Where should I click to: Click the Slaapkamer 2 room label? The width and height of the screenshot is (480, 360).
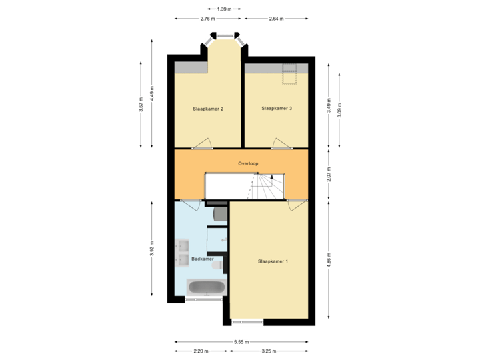coord(208,109)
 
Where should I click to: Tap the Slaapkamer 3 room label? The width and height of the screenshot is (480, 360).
coord(277,109)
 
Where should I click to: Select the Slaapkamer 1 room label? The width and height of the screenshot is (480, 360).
coord(273,261)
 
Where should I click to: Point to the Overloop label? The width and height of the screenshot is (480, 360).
coord(248,164)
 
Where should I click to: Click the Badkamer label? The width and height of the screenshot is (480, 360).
coord(203,259)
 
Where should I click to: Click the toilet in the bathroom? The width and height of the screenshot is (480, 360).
coord(217,265)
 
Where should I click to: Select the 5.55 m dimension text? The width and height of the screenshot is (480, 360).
coord(241,342)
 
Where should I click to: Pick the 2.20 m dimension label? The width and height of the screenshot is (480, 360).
coord(201,351)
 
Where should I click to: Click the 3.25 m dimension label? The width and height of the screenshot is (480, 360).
coord(269,351)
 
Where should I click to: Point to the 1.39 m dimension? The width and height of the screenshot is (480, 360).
coord(224,9)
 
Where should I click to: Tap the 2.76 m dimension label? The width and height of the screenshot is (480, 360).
coord(207,19)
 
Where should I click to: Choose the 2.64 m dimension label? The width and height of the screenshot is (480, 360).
coord(276,19)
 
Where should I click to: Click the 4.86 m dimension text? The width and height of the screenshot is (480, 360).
coord(329,260)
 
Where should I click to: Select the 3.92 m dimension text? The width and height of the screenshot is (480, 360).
coord(152,249)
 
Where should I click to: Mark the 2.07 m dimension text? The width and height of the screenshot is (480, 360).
coord(329,174)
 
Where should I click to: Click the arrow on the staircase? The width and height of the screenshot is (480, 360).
coord(272,176)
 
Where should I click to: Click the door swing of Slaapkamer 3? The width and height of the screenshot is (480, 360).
coord(281,143)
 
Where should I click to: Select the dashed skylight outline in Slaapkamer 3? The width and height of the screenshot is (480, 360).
coord(289,74)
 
